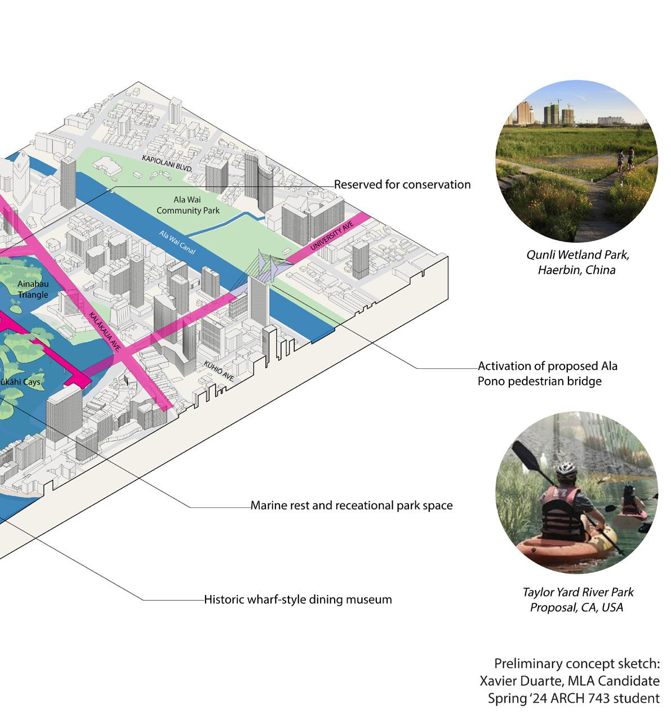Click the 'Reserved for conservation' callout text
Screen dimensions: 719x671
(x=402, y=185)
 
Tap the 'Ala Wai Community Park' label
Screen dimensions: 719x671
(x=187, y=205)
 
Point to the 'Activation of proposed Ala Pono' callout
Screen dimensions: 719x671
(x=547, y=373)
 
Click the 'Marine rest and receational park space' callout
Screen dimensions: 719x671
(x=351, y=506)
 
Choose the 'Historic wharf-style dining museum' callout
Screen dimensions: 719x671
(x=297, y=599)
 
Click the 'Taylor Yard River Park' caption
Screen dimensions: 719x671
(x=577, y=592)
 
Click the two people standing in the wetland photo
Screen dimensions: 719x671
(x=625, y=159)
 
